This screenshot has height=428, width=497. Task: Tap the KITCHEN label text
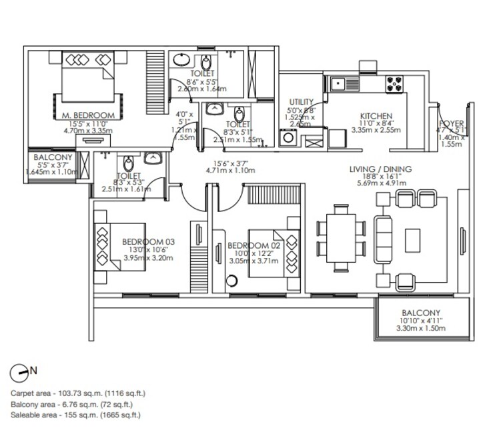[376, 115]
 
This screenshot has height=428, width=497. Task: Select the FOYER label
[452, 123]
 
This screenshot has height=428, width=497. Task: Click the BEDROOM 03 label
[147, 241]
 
